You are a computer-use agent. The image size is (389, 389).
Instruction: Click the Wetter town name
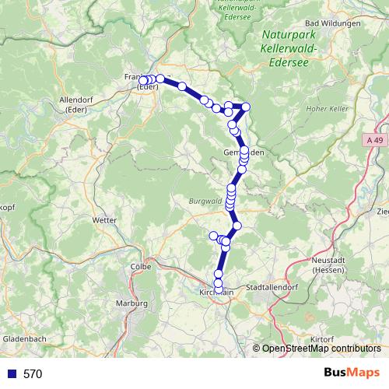(103, 220)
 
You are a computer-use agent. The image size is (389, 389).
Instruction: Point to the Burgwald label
(205, 201)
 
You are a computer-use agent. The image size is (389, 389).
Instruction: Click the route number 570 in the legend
(33, 373)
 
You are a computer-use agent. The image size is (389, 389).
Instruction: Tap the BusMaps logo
(352, 373)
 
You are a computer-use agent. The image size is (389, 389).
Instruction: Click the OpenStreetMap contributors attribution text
(321, 349)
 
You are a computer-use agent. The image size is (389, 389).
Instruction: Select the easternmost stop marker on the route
(246, 107)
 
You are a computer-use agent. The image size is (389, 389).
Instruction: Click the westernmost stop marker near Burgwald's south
(214, 236)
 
